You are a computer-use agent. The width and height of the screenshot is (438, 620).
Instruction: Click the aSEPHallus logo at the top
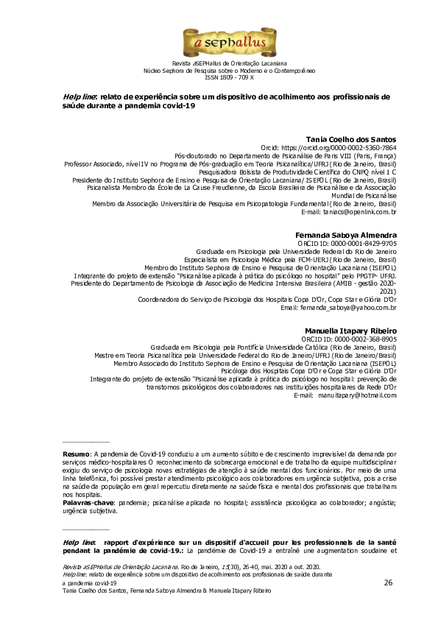coord(219,43)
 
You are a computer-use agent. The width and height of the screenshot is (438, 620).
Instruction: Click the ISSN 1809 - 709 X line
coord(219,77)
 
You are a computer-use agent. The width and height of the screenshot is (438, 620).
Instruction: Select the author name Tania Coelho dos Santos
coord(351,139)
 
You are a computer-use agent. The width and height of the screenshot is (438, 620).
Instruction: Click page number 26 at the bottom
coord(388,582)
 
